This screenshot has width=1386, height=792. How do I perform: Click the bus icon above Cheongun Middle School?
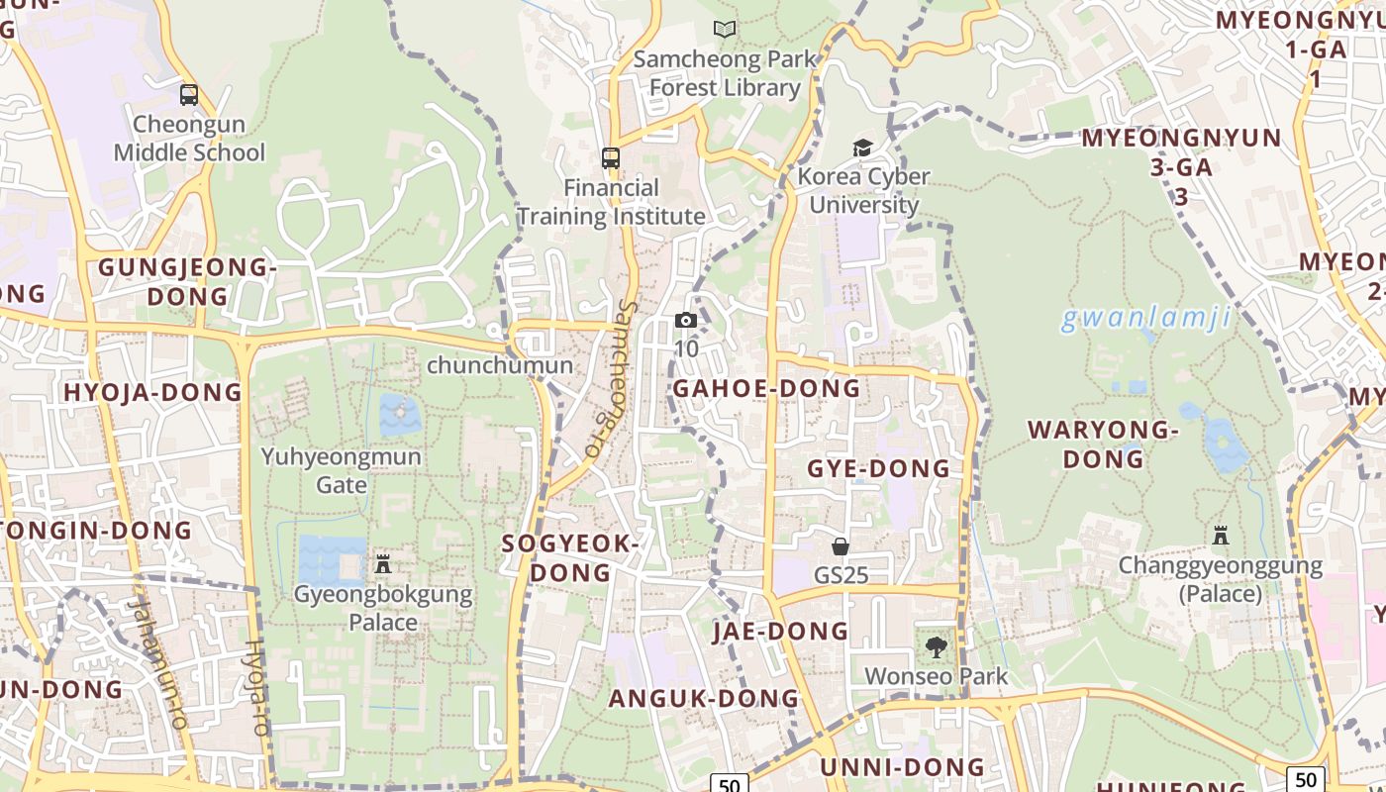pos(189,95)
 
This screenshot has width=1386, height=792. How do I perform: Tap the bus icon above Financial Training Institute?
pos(611,157)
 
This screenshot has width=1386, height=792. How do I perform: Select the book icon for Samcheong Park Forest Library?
pos(725,30)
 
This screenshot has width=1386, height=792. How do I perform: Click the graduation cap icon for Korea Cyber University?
pos(863,148)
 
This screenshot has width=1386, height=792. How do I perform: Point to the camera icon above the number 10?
pos(685,320)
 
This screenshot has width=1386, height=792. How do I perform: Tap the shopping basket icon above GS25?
pos(841,545)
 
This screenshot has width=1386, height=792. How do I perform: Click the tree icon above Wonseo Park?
pos(936,647)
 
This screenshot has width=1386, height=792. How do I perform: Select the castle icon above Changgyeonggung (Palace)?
pos(1221,536)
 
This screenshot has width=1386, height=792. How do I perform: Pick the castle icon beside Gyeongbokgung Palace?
pos(383,564)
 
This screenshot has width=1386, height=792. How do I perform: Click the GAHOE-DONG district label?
pos(766,388)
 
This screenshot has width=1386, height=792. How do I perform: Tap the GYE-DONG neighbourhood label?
pos(878,468)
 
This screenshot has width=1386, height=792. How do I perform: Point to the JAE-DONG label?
pos(780,631)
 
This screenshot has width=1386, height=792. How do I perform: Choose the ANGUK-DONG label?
pos(703,698)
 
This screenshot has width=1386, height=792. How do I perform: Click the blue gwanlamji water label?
pos(1145,319)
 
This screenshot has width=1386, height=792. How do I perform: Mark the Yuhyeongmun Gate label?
pos(341,470)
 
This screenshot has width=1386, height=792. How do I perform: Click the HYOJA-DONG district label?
pos(152,392)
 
